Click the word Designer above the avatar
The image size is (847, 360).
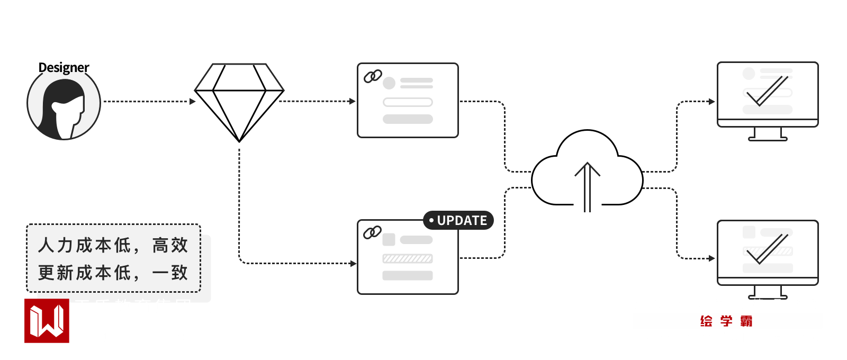pyautogui.click(x=64, y=68)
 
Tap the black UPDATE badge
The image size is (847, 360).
pyautogui.click(x=458, y=220)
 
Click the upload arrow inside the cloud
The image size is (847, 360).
pyautogui.click(x=587, y=185)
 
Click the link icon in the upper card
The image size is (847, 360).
pyautogui.click(x=373, y=77)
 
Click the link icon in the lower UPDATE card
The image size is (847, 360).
pyautogui.click(x=372, y=232)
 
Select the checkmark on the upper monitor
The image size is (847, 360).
pyautogui.click(x=767, y=91)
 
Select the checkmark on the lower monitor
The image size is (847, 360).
pyautogui.click(x=767, y=249)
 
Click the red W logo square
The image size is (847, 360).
pyautogui.click(x=47, y=321)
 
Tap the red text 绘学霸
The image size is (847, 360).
pyautogui.click(x=726, y=321)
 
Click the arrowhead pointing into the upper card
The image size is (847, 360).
pyautogui.click(x=353, y=101)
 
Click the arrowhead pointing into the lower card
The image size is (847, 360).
pyautogui.click(x=353, y=263)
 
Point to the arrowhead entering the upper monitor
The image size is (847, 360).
pyautogui.click(x=712, y=101)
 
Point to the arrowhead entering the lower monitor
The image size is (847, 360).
pyautogui.click(x=712, y=258)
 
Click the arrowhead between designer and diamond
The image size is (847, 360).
pyautogui.click(x=193, y=101)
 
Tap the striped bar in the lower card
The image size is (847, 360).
pyautogui.click(x=408, y=258)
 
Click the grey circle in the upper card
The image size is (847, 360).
pyautogui.click(x=389, y=83)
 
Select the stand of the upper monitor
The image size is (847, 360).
pyautogui.click(x=768, y=134)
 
